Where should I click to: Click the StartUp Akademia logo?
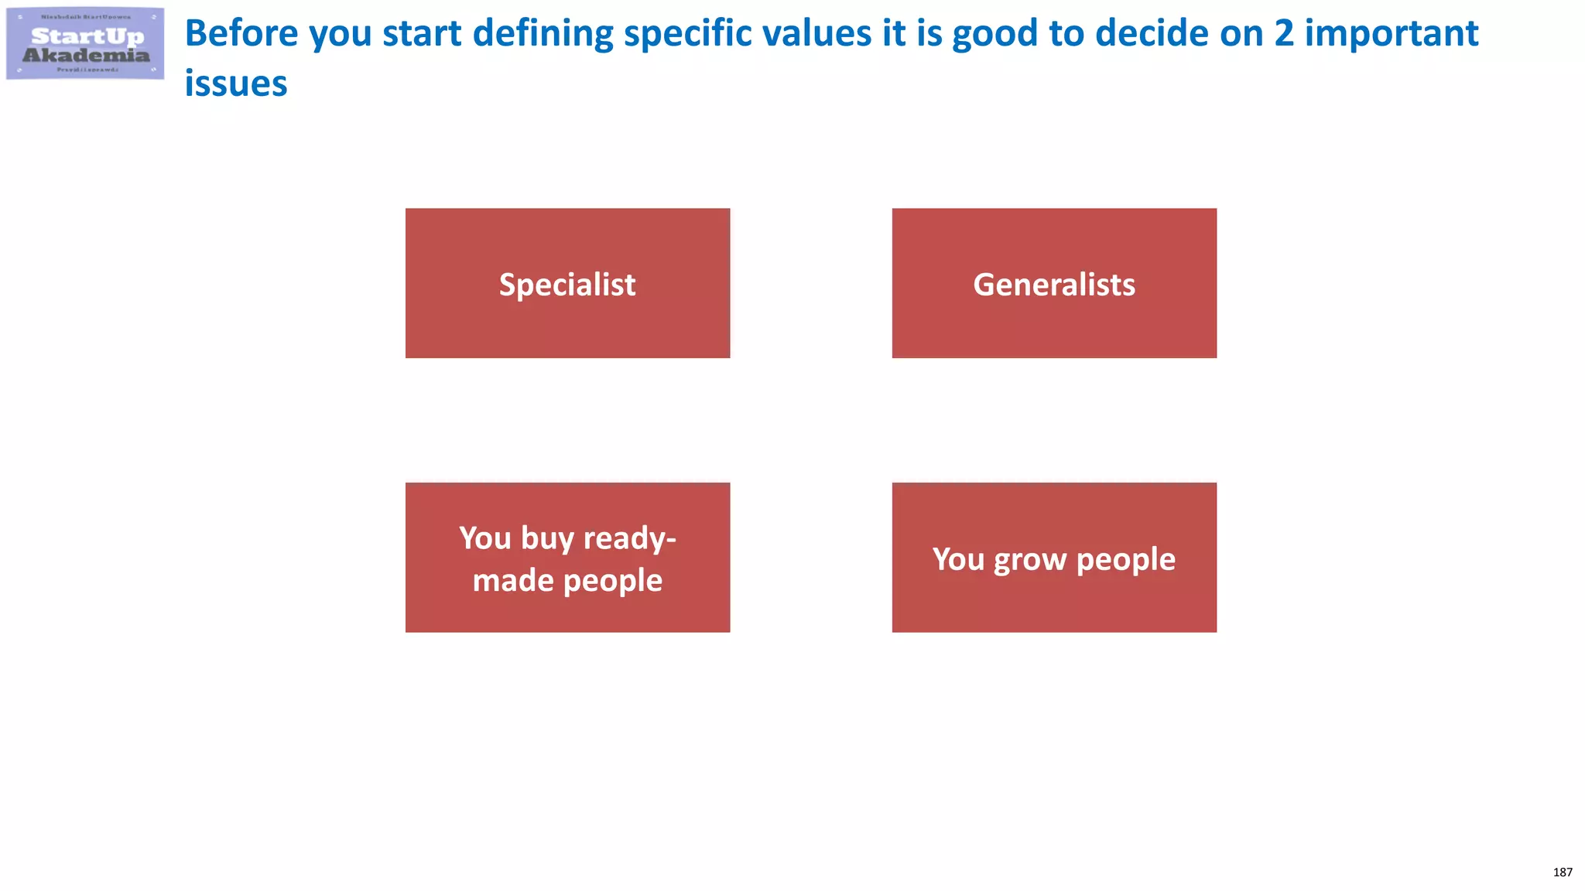coord(85,43)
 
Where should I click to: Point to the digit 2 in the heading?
coord(1283,34)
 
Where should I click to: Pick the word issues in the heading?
coord(236,84)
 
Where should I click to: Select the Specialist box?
coord(567,283)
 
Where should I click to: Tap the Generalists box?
coord(1054,283)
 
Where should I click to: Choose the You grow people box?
coord(1054,558)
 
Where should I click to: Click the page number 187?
coord(1563,872)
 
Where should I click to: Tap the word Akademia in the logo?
coord(86,55)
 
